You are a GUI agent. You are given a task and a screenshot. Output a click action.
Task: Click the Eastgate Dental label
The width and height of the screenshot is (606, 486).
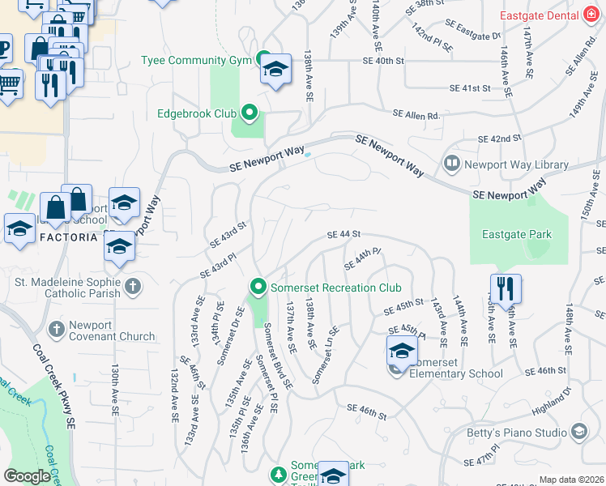pyautogui.click(x=530, y=15)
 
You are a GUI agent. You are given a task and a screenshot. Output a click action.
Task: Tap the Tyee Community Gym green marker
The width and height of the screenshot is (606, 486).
pyautogui.click(x=262, y=58)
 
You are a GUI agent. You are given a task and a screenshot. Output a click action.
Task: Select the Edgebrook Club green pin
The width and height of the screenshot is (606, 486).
pyautogui.click(x=249, y=113)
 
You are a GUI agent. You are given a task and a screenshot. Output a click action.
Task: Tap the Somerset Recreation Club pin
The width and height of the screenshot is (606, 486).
pyautogui.click(x=258, y=287)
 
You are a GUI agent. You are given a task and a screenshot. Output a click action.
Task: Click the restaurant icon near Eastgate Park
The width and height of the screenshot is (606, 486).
pyautogui.click(x=506, y=291)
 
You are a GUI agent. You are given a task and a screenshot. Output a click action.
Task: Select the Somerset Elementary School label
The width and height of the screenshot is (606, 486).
pyautogui.click(x=456, y=373)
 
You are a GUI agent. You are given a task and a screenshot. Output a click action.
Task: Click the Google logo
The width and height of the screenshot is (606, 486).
pyautogui.click(x=28, y=476)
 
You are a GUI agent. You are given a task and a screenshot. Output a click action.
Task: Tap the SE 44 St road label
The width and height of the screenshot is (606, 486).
pyautogui.click(x=343, y=234)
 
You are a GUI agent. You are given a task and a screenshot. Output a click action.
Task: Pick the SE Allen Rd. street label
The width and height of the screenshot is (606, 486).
pyautogui.click(x=416, y=116)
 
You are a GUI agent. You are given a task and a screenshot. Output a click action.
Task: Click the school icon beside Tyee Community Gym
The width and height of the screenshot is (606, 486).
pyautogui.click(x=275, y=70)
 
